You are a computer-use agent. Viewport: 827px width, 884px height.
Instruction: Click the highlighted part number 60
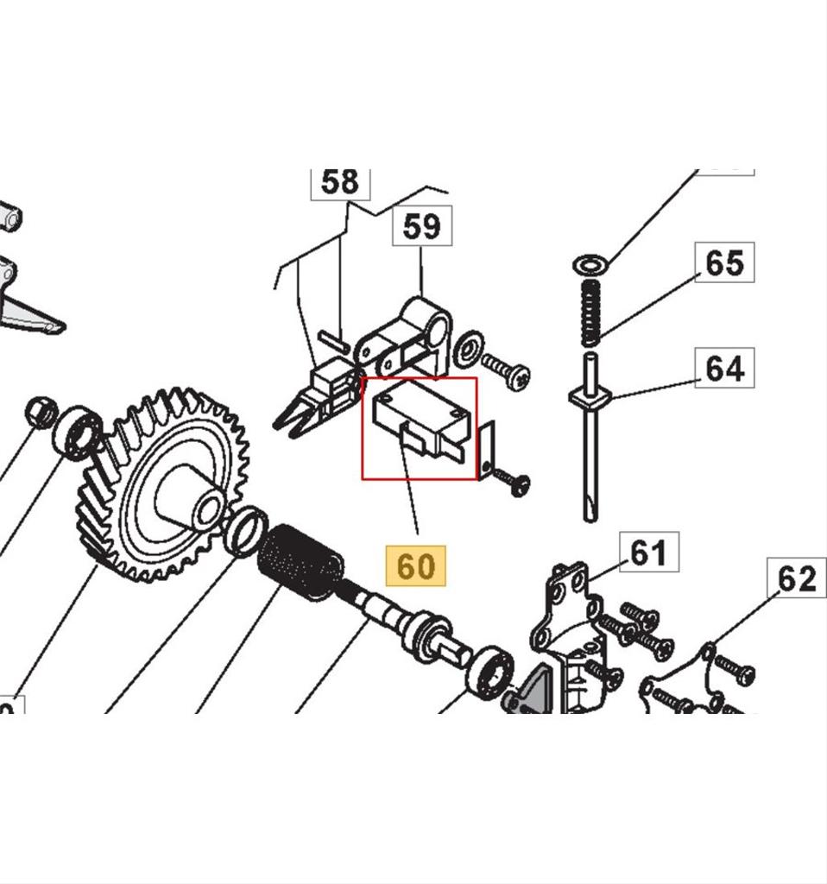click(415, 566)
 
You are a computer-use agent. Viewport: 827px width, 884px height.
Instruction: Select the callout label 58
click(339, 182)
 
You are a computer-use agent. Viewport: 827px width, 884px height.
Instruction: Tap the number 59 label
click(421, 226)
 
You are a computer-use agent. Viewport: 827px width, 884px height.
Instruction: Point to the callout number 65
click(724, 262)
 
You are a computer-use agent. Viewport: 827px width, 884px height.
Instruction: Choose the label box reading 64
click(724, 369)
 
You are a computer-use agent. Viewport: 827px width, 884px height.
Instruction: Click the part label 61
click(649, 552)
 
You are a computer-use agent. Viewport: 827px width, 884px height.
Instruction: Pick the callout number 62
click(797, 578)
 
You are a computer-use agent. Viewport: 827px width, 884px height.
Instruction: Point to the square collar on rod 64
click(590, 398)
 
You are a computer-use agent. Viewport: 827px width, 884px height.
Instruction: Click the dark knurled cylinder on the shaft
click(301, 561)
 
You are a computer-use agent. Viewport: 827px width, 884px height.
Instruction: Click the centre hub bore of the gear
click(207, 508)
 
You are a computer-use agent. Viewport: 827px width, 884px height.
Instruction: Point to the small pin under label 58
click(332, 338)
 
